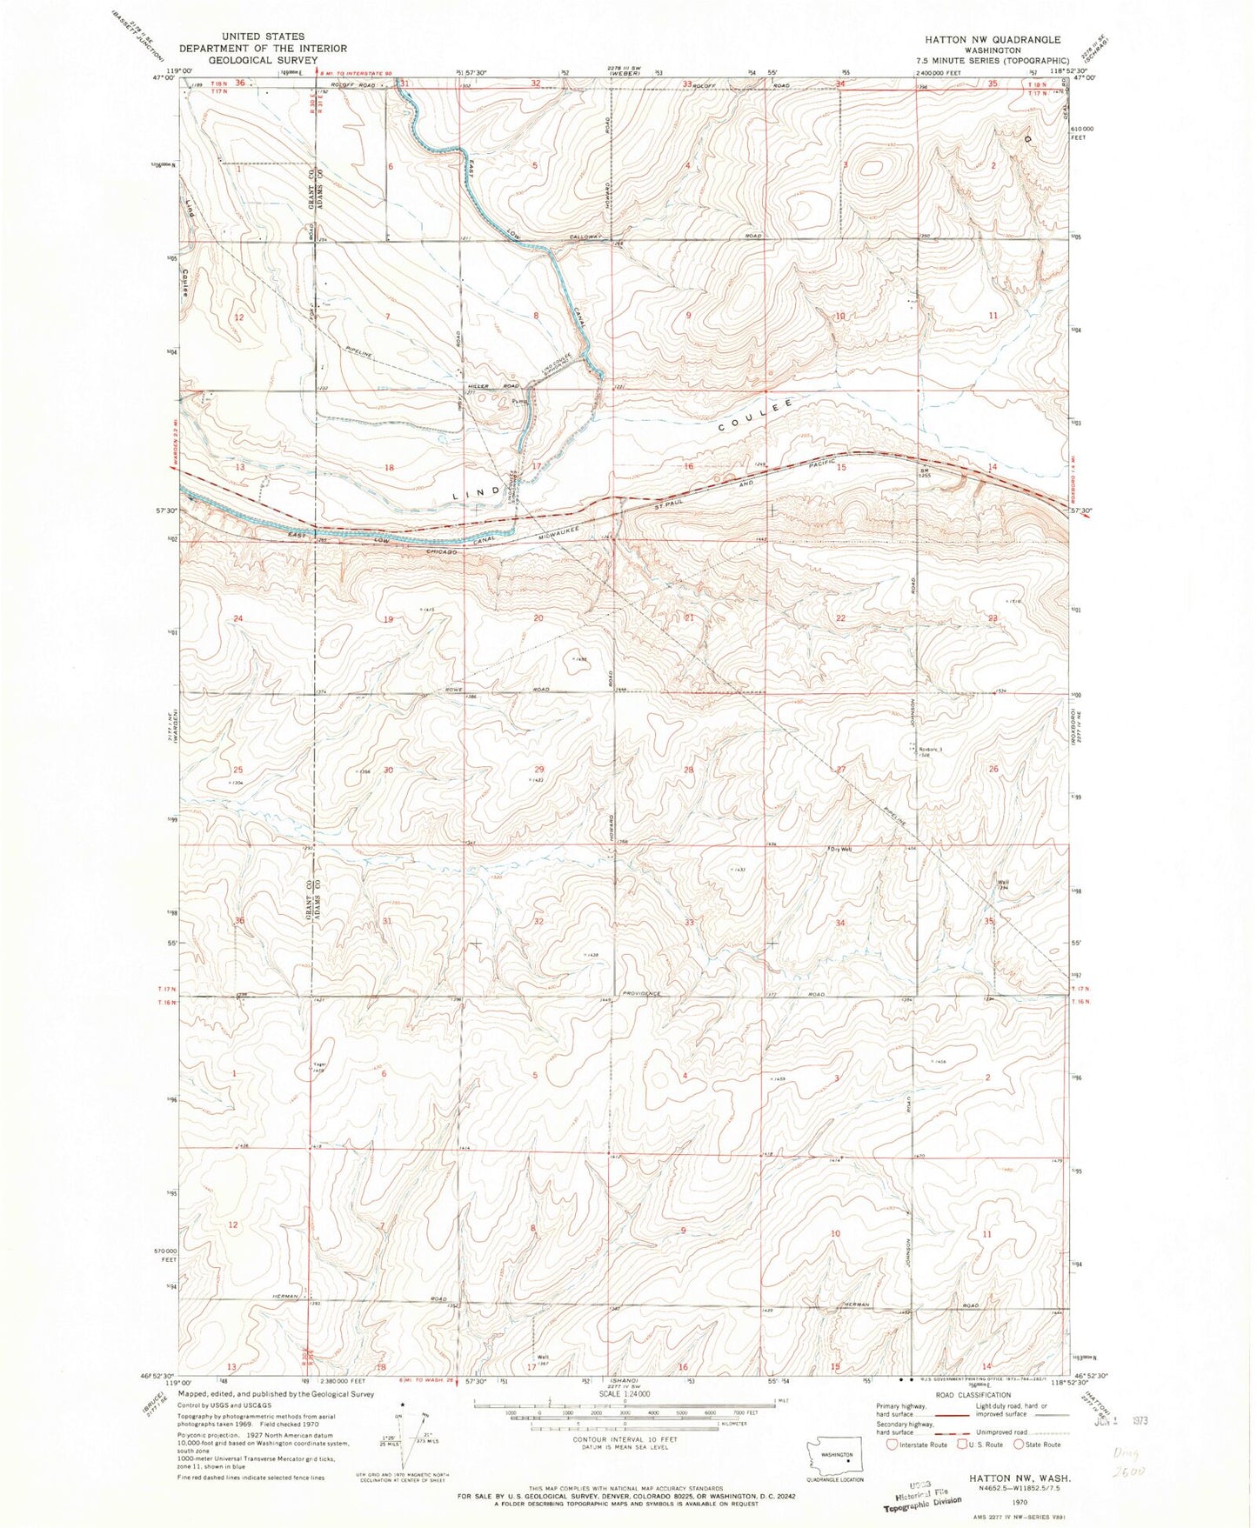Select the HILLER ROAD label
498,386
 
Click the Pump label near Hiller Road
520,402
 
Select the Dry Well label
840,850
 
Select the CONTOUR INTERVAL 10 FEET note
624,1440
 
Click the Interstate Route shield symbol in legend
891,1445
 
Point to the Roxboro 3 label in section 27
930,750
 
